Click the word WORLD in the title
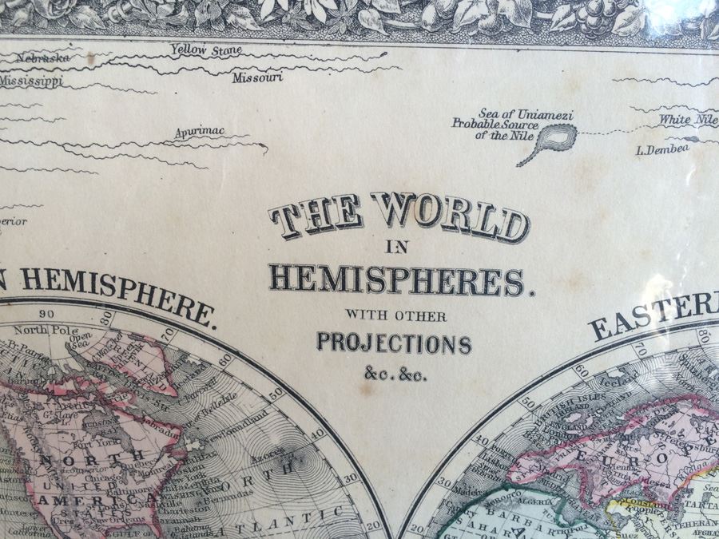pyautogui.click(x=449, y=216)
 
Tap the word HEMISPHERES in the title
pyautogui.click(x=396, y=279)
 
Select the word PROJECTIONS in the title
pyautogui.click(x=395, y=343)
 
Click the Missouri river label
pyautogui.click(x=257, y=78)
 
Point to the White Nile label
pyautogui.click(x=688, y=121)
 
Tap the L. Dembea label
pyautogui.click(x=662, y=149)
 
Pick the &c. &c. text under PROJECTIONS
pyautogui.click(x=395, y=374)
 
